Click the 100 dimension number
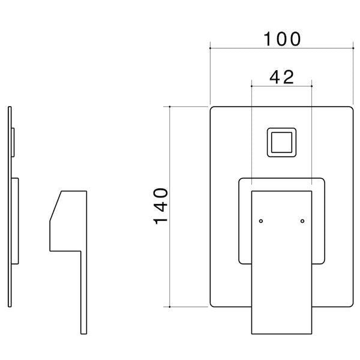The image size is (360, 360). click(282, 39)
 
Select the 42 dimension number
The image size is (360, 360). click(282, 77)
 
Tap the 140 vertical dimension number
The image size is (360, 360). click(160, 206)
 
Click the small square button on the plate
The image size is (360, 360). click(282, 142)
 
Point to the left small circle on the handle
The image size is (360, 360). click(261, 221)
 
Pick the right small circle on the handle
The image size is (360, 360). click(302, 221)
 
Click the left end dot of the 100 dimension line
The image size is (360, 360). click(210, 48)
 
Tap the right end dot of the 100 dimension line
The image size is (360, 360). click(353, 48)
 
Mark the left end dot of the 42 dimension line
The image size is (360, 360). click(251, 86)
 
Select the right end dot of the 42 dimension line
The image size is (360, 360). click(311, 86)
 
